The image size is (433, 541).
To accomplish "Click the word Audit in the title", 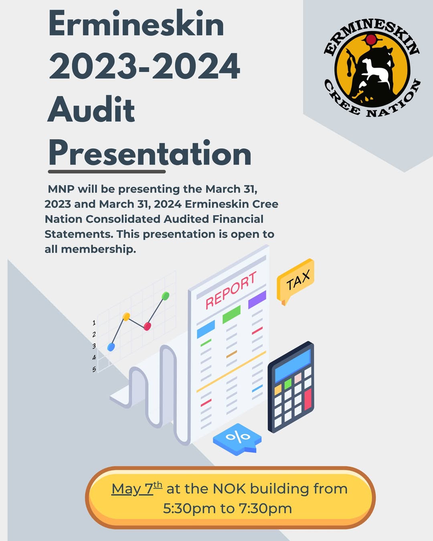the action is point(91,110).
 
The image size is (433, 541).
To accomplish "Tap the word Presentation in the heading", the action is point(150,152).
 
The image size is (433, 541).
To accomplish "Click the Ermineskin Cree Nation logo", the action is point(372,69).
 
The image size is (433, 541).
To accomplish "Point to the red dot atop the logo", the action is point(371,39).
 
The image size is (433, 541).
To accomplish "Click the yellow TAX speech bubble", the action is point(295,281).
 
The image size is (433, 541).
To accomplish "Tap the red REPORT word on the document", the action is point(231,290).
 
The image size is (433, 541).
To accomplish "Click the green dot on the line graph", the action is point(165,296).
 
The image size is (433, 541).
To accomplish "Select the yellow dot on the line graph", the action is point(126,317).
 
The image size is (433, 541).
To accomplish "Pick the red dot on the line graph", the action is point(147,326).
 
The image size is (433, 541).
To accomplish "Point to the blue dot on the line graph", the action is point(111,347).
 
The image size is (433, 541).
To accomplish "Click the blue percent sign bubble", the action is point(237,439).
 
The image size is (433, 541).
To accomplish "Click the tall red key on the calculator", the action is point(308,399).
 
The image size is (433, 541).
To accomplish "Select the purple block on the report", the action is point(257,299).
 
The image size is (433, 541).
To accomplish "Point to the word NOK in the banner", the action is point(229,489).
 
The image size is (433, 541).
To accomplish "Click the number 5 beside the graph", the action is point(94,369).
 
